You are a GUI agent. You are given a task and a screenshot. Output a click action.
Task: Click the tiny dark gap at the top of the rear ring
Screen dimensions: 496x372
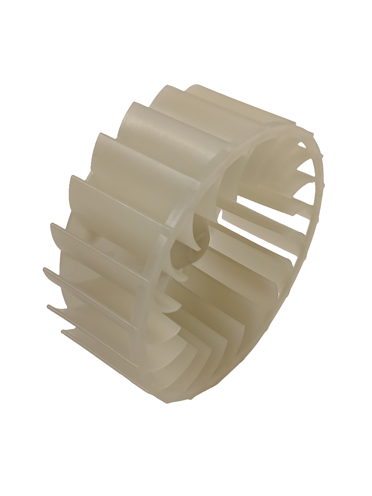click(x=301, y=144)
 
